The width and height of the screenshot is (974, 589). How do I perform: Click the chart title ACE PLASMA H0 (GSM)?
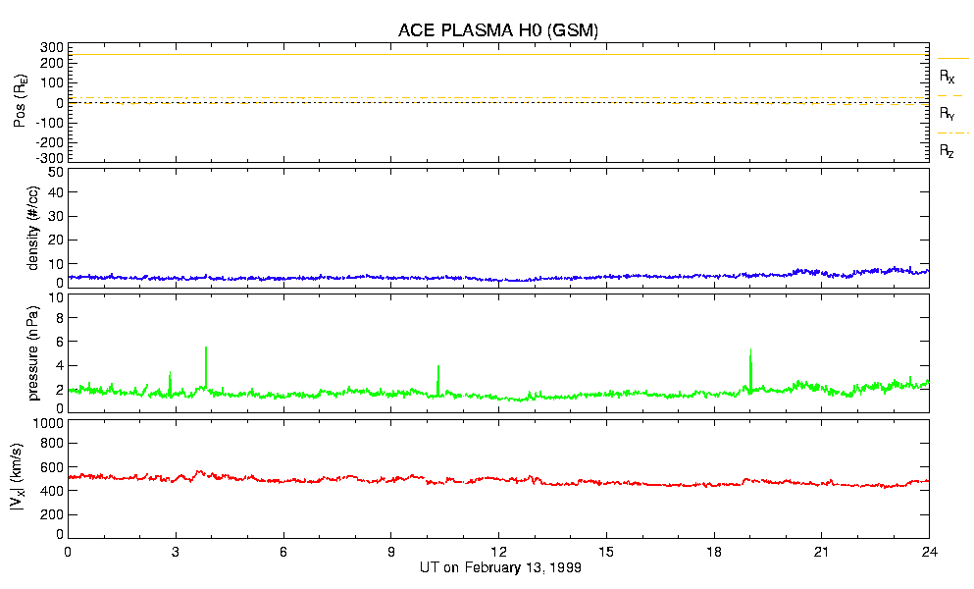[498, 30]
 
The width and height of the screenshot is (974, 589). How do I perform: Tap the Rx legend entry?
[947, 76]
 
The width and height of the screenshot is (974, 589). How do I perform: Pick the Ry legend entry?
[947, 114]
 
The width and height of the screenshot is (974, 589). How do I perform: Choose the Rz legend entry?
[947, 151]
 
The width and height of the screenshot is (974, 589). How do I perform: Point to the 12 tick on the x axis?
[498, 553]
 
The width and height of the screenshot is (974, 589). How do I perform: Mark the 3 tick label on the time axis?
[176, 553]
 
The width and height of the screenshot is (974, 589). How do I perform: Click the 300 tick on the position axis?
[51, 47]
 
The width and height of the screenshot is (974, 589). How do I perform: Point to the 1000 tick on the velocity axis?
[47, 424]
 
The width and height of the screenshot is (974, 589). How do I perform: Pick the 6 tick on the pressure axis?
[59, 342]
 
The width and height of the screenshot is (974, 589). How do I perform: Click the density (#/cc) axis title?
[22, 228]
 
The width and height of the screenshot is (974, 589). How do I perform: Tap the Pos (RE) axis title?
[22, 102]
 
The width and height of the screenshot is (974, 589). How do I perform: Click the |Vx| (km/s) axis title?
[22, 479]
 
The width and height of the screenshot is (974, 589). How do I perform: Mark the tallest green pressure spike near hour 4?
[206, 348]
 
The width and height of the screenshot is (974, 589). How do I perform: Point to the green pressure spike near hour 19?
[750, 352]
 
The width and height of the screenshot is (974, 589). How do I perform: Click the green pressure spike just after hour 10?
[437, 367]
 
